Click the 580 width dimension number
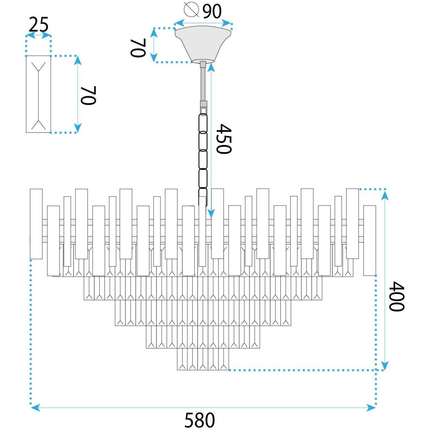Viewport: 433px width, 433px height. [x=200, y=420]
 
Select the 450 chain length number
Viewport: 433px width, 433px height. [x=224, y=139]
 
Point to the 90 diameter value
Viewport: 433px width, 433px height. [x=212, y=11]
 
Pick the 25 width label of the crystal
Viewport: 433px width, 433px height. [x=38, y=26]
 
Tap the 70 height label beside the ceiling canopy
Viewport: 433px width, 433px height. [x=138, y=48]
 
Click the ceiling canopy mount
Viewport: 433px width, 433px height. [x=203, y=44]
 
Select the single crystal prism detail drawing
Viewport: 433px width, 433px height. [x=38, y=94]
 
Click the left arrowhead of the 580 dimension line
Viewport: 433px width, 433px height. [x=34, y=408]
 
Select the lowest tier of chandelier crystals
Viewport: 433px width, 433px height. [x=203, y=359]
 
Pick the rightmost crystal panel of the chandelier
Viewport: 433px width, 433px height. [x=370, y=240]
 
